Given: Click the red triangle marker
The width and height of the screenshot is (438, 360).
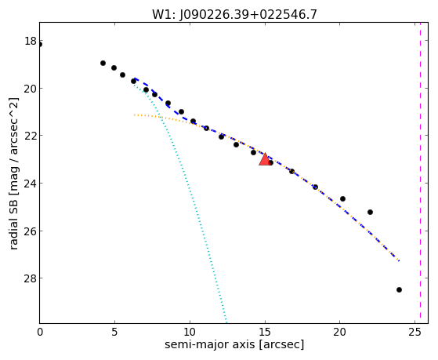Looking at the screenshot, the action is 265,159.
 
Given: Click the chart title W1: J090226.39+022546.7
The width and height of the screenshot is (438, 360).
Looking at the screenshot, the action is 234,14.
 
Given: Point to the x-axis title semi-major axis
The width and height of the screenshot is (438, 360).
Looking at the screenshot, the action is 209,344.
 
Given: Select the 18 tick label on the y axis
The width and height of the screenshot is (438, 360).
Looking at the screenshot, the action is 31,41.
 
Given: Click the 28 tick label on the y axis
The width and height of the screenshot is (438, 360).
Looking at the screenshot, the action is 31,278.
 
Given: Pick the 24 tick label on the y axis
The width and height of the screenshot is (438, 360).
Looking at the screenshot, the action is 31,184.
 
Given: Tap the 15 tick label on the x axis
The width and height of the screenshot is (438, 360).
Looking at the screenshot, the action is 265,332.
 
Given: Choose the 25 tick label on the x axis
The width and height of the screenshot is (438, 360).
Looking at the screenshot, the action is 414,332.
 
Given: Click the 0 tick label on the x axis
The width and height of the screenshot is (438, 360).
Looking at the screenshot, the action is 40,332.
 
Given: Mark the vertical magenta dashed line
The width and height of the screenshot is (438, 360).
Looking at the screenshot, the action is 420,173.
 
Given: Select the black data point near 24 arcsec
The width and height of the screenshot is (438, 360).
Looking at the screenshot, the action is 399,289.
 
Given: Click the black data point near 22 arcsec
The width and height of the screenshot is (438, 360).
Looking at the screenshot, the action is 370,212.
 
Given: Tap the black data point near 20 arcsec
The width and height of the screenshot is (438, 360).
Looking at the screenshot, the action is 342,199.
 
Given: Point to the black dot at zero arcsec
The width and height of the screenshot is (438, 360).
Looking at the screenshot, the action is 40,45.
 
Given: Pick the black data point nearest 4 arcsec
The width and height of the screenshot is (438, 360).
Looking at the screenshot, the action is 103,64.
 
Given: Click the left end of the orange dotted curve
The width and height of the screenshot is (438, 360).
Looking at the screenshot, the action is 134,115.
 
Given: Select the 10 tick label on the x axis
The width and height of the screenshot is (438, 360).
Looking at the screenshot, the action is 190,332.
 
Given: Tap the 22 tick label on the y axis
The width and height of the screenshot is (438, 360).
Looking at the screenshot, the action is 31,136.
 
